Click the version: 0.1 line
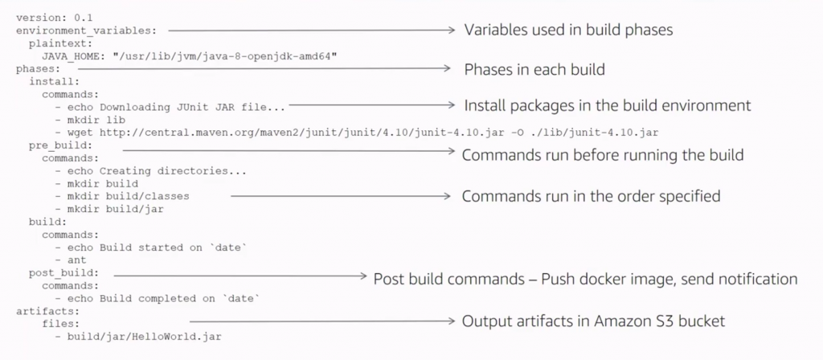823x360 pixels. [47, 18]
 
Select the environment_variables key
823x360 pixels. [86, 31]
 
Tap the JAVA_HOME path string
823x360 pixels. [225, 56]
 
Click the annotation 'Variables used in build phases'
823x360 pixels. [568, 30]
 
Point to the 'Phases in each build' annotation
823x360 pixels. [534, 69]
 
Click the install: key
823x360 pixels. [54, 81]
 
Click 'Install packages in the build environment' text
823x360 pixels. [608, 105]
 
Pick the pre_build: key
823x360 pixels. [61, 145]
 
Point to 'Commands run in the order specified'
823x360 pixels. [591, 196]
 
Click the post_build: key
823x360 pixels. [64, 273]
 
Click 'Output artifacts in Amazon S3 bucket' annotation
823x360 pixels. [593, 321]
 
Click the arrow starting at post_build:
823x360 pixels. [240, 275]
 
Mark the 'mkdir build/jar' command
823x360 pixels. [116, 210]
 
